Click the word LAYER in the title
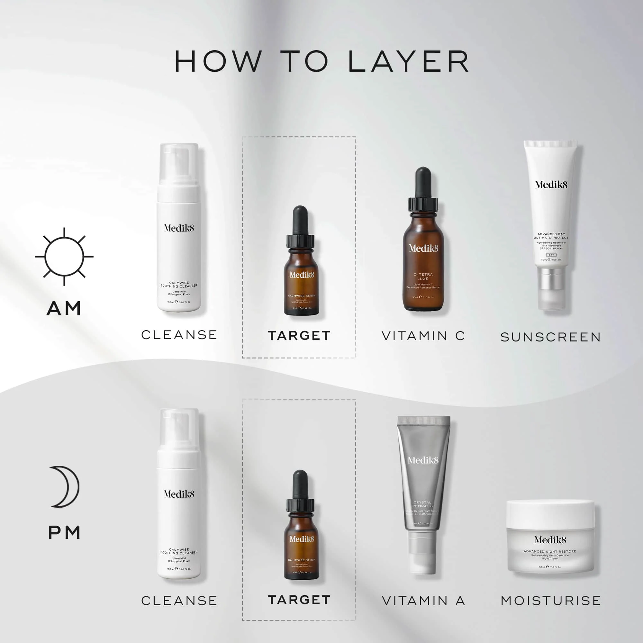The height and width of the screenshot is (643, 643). pos(408,62)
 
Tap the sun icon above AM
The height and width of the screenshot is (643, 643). pos(64,257)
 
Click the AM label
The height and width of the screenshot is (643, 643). pos(64,308)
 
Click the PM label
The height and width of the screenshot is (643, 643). pos(64,532)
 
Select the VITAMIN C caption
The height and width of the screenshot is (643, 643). pos(423,336)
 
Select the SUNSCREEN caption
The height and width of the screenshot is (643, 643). pos(551,337)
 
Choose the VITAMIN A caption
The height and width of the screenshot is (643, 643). pos(423,601)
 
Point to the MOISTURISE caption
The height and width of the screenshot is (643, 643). pos(551,601)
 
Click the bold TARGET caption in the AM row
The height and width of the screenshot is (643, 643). pos(299,335)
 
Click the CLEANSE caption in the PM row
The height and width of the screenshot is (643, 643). pos(179,601)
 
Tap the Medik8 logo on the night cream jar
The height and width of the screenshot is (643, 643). pos(550,540)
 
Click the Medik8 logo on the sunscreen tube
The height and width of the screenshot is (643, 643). pos(551,185)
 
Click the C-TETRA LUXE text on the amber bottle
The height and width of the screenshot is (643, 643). pos(423,276)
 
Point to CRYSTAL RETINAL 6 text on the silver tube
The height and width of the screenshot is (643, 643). pos(422,504)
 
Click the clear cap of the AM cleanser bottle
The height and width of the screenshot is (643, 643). pos(179,163)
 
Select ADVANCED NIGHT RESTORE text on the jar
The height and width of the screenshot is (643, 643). pos(550,551)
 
